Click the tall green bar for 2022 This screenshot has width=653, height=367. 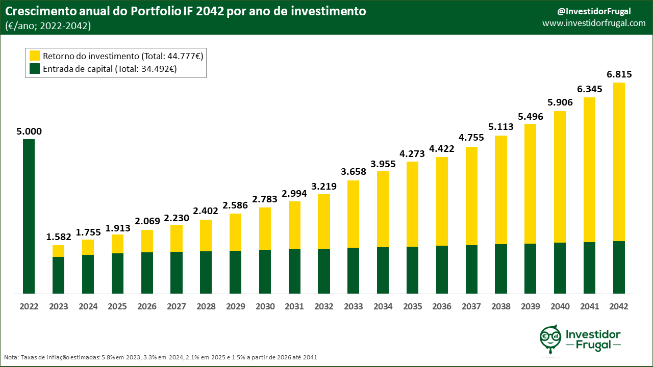tap(29, 216)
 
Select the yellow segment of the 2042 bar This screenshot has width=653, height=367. tap(619, 162)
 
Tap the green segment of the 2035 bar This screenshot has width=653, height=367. tap(412, 270)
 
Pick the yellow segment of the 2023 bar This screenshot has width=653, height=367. tap(58, 251)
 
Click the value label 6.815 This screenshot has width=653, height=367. tap(619, 74)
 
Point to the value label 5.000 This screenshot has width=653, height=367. tap(29, 131)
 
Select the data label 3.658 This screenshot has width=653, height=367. tap(353, 172)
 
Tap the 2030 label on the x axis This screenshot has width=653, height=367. tap(265, 306)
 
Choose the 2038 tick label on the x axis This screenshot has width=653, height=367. tap(501, 306)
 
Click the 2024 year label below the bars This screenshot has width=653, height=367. tap(88, 306)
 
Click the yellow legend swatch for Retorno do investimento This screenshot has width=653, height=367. tap(35, 56)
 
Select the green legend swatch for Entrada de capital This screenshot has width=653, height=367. tap(35, 69)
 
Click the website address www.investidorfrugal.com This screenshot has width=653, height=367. tap(594, 23)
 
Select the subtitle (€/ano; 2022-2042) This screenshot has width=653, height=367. tap(48, 26)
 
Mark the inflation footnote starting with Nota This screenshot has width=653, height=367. tap(161, 357)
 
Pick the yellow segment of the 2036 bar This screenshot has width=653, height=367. tap(442, 201)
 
